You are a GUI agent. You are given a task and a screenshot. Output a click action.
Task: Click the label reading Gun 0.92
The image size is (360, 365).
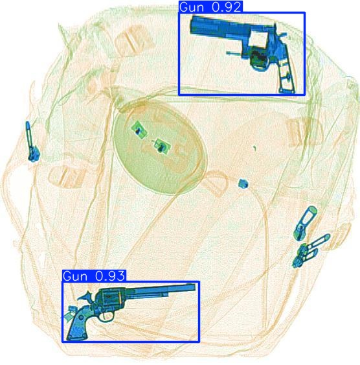[202, 6]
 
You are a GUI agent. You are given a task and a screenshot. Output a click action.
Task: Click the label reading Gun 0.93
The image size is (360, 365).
[94, 276]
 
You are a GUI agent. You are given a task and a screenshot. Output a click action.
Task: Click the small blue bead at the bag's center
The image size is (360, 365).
[243, 184]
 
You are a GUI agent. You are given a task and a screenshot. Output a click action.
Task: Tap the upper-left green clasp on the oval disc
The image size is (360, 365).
[138, 129]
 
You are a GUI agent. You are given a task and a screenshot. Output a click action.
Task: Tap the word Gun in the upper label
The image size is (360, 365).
[190, 6]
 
